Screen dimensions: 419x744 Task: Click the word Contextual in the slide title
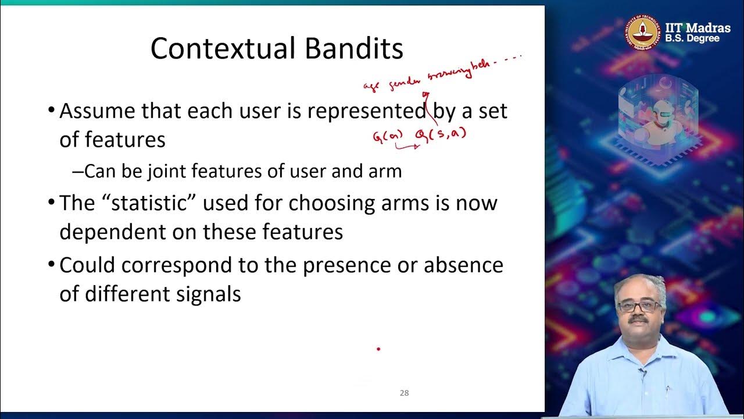(x=224, y=49)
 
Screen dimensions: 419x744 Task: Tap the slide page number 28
(x=404, y=393)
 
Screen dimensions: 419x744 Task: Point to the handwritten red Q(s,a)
(x=441, y=135)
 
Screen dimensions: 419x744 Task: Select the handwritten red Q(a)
(x=387, y=137)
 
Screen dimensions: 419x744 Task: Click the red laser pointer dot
(x=378, y=349)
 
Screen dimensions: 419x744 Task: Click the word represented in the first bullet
(x=366, y=111)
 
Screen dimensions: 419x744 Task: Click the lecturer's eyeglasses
(x=639, y=306)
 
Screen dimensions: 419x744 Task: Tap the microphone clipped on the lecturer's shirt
(x=642, y=371)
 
